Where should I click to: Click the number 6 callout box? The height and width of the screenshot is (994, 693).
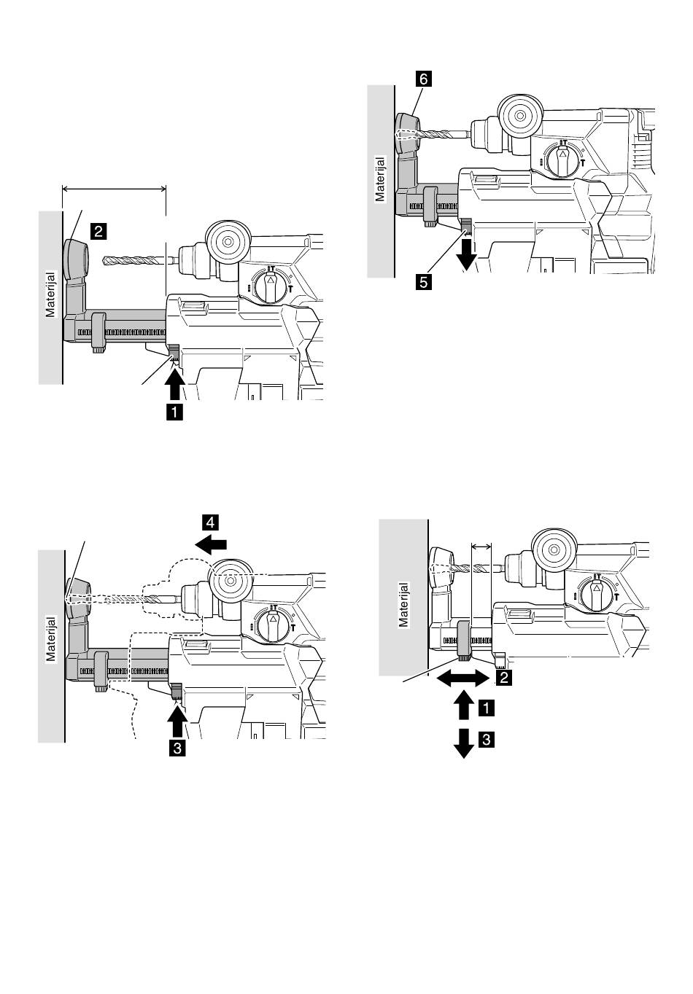pyautogui.click(x=423, y=79)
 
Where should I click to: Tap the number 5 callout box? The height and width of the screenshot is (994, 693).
pyautogui.click(x=424, y=282)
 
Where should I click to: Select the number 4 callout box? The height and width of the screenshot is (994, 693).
pyautogui.click(x=211, y=523)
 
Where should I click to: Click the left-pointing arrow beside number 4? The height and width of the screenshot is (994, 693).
pyautogui.click(x=211, y=544)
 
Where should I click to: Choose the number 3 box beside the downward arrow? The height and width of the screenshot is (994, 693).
pyautogui.click(x=487, y=740)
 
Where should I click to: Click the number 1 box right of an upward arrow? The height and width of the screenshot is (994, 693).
pyautogui.click(x=487, y=708)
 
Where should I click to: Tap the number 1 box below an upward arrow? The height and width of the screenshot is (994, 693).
pyautogui.click(x=174, y=412)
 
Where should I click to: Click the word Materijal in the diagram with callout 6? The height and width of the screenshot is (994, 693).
pyautogui.click(x=380, y=179)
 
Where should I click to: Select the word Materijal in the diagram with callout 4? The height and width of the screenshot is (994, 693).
pyautogui.click(x=51, y=639)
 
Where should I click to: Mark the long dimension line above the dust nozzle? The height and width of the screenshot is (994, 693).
pyautogui.click(x=115, y=189)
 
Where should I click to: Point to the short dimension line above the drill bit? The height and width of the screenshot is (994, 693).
pyautogui.click(x=481, y=546)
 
